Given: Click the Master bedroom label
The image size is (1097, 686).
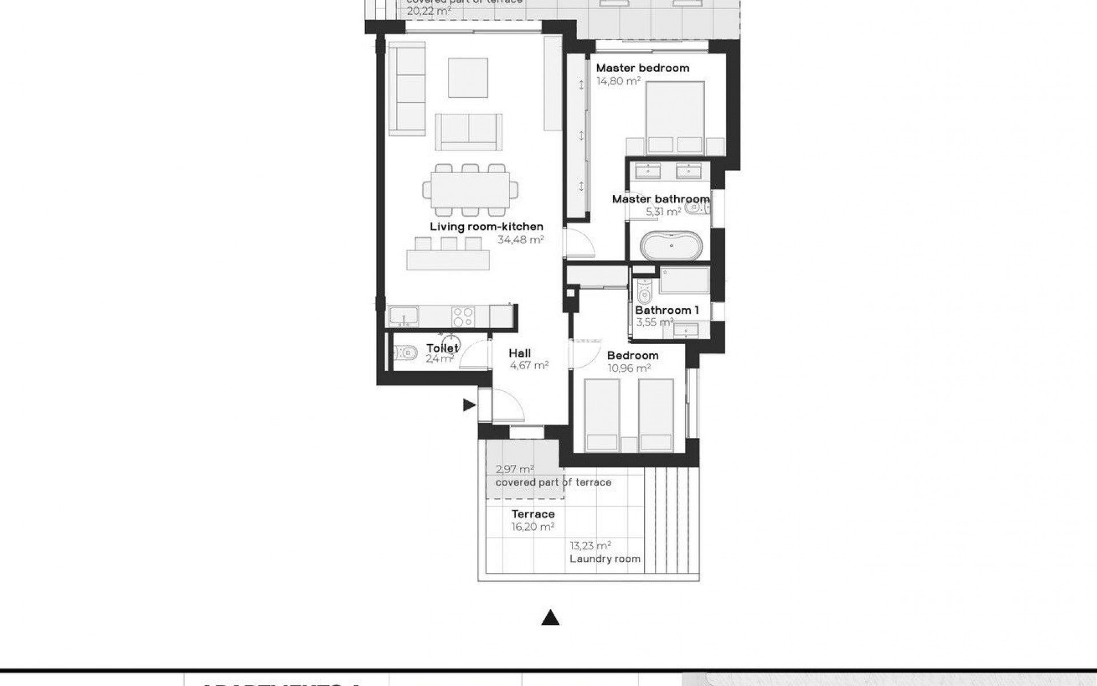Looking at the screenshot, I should pyautogui.click(x=642, y=68).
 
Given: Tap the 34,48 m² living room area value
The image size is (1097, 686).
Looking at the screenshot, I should pyautogui.click(x=520, y=240).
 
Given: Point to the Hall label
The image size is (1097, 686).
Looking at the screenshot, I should pyautogui.click(x=519, y=353).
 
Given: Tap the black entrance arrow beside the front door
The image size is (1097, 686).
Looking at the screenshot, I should pyautogui.click(x=469, y=405).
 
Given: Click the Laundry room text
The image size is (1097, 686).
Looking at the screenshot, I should pyautogui.click(x=604, y=559).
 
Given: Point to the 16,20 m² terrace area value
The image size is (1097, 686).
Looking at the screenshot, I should pyautogui.click(x=533, y=527).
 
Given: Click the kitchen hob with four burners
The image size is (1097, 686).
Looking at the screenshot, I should pyautogui.click(x=463, y=316).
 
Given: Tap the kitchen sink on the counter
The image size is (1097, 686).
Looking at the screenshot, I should pyautogui.click(x=403, y=316).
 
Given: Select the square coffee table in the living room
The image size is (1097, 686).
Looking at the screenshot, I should pyautogui.click(x=468, y=77).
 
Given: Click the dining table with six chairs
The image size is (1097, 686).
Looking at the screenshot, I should pyautogui.click(x=471, y=190).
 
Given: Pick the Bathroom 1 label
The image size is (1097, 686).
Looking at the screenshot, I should pyautogui.click(x=667, y=310).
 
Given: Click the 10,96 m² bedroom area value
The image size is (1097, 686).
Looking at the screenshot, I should pyautogui.click(x=628, y=369).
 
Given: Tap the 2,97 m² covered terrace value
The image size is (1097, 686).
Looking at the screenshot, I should pyautogui.click(x=514, y=469).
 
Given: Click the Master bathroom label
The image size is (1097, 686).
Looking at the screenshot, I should pyautogui.click(x=660, y=199).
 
